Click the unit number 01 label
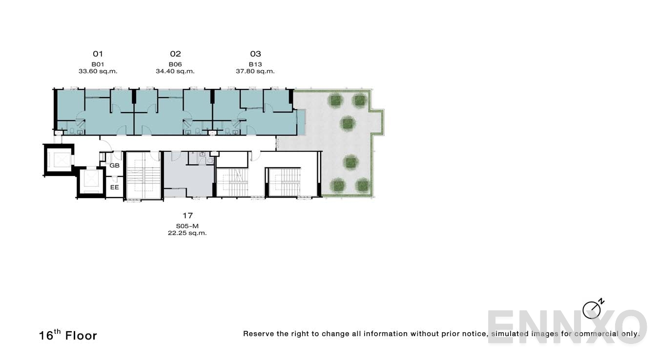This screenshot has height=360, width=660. (x=98, y=54)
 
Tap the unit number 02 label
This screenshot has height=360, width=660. (x=175, y=54)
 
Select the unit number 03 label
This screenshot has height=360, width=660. (x=255, y=54)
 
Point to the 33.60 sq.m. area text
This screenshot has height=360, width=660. (x=98, y=71)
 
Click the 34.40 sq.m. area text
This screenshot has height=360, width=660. (x=175, y=71)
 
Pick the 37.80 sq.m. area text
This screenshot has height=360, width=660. (x=255, y=71)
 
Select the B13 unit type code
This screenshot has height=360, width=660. (x=255, y=64)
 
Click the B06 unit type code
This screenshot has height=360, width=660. (x=175, y=64)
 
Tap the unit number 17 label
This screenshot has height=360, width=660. (x=187, y=215)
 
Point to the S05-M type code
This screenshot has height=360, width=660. (x=187, y=226)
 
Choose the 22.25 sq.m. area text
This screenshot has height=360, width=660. (x=187, y=233)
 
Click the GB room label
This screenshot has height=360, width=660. (x=114, y=166)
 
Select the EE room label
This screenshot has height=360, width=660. (x=114, y=187)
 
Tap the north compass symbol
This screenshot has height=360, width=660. (x=592, y=309)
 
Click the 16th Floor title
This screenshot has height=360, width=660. (x=68, y=336)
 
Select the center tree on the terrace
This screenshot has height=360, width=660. (x=348, y=123)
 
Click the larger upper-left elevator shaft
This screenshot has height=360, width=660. (x=59, y=160)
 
